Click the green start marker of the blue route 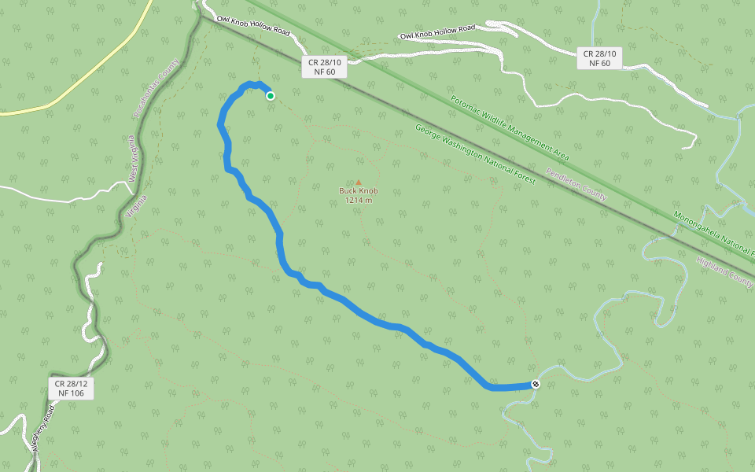pyautogui.click(x=271, y=96)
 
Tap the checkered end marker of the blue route pyautogui.click(x=536, y=384)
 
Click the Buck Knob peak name pyautogui.click(x=359, y=191)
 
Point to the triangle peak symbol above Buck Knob pyautogui.click(x=359, y=182)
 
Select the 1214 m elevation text pyautogui.click(x=359, y=201)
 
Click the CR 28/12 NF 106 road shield pyautogui.click(x=70, y=388)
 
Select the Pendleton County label pyautogui.click(x=576, y=183)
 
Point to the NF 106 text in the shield pyautogui.click(x=70, y=393)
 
